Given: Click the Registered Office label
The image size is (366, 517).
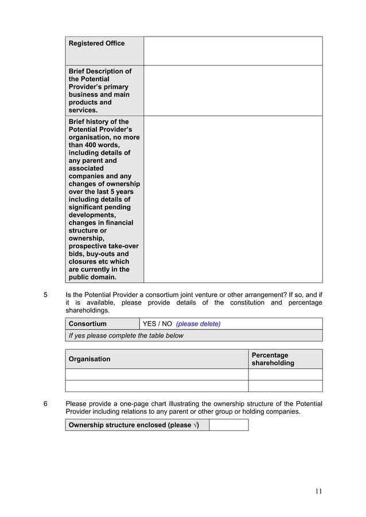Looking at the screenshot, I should click(96, 44).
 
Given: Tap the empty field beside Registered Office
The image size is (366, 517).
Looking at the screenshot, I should click(232, 51).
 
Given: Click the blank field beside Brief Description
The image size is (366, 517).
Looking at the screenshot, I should click(232, 91).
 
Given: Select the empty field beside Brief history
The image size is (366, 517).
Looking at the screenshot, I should click(232, 199).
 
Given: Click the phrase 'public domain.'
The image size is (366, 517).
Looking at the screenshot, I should click(92, 277).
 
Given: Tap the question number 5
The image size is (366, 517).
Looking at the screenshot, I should click(46, 295).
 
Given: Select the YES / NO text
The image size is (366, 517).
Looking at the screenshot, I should click(157, 324).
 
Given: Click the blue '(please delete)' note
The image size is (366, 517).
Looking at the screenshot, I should click(198, 324).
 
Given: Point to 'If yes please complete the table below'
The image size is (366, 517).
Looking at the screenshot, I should click(126, 335).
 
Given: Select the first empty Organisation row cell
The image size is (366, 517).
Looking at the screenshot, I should click(156, 374).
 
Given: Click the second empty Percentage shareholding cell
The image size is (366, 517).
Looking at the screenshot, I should click(285, 386).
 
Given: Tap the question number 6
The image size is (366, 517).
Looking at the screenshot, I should click(46, 403).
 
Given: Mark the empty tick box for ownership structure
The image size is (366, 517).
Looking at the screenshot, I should click(228, 425).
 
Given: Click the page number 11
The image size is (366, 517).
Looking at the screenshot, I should click(319, 491).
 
